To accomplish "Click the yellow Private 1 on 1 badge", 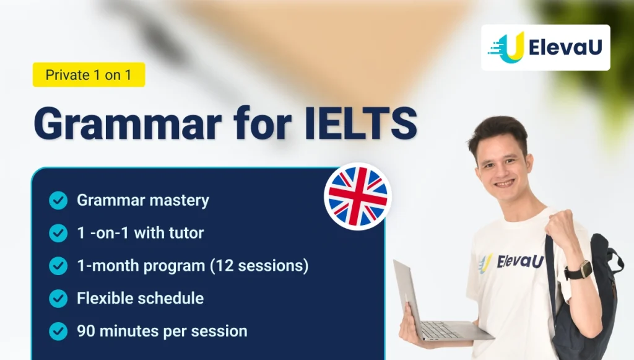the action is tap(89, 75).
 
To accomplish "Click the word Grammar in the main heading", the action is tap(128, 123).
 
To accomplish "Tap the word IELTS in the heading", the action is tap(361, 123).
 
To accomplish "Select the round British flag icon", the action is tap(357, 196).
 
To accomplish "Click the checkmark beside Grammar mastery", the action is tap(58, 200).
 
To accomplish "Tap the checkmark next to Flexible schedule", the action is tap(58, 299).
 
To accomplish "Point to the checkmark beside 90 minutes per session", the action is tap(58, 331).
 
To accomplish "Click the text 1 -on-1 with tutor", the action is tap(141, 233).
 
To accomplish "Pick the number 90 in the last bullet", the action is tap(85, 331).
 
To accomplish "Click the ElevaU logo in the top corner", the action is tap(545, 48).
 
